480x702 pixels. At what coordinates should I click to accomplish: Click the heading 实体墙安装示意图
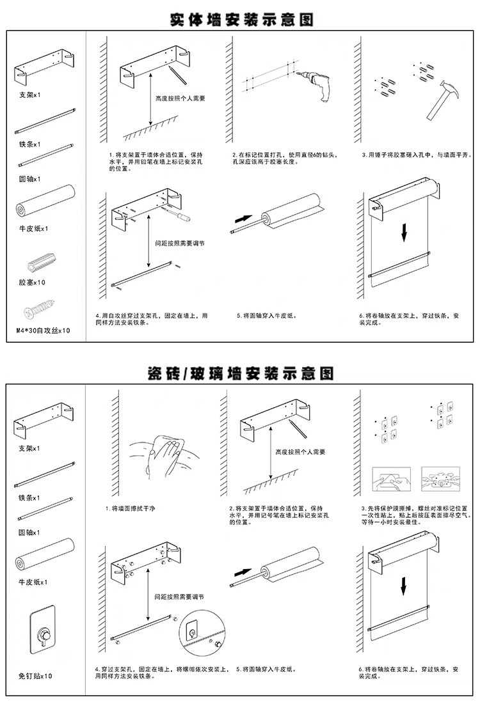241,19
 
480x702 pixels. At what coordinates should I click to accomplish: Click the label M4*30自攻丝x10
42,331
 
